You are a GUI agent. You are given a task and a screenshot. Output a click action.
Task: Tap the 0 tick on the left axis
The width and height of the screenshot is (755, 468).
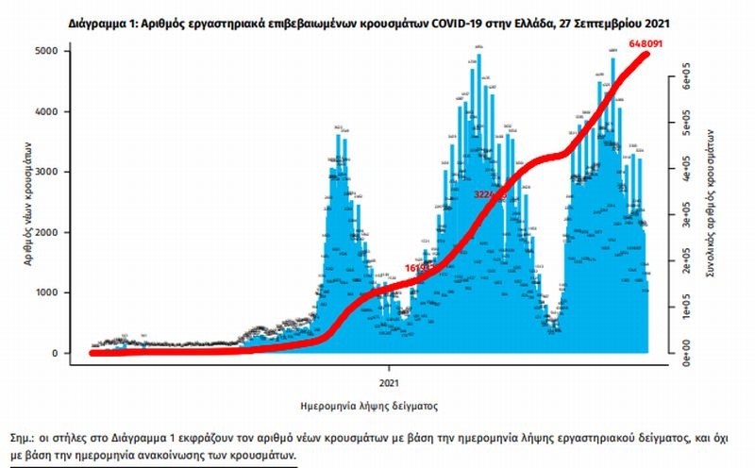[71, 353]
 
